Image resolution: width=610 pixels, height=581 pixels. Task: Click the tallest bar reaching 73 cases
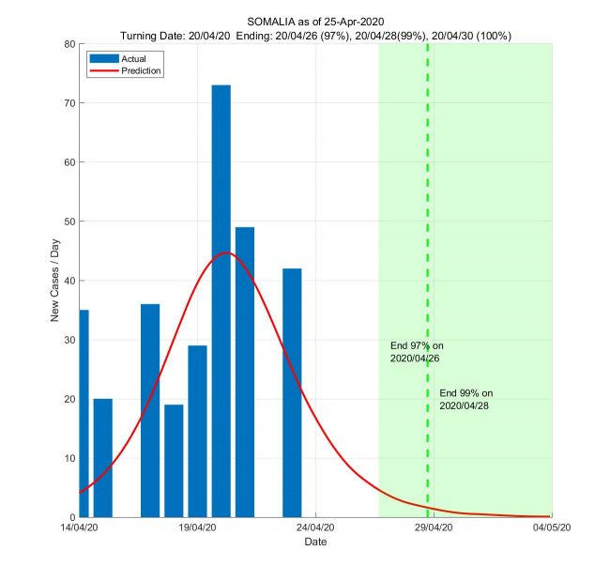pos(221,300)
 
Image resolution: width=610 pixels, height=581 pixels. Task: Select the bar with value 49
pos(245,372)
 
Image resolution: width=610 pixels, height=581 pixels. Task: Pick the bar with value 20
pos(103,458)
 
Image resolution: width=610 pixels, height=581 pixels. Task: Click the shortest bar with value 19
pos(174,461)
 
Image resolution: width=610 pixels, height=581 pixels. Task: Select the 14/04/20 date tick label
pos(79,528)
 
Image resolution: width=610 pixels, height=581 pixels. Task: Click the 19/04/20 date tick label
pos(197,528)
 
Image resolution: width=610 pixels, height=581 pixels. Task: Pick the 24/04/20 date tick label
pos(315,528)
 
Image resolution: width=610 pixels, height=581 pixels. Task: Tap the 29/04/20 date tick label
pos(434,528)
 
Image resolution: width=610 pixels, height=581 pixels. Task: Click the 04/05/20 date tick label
pos(551,528)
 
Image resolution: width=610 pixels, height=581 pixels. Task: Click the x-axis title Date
pos(315,543)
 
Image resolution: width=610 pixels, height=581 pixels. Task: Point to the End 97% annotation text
pos(416,353)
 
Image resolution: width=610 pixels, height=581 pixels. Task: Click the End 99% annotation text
pos(465,399)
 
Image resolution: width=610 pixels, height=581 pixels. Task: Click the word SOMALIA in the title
pos(269,22)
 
